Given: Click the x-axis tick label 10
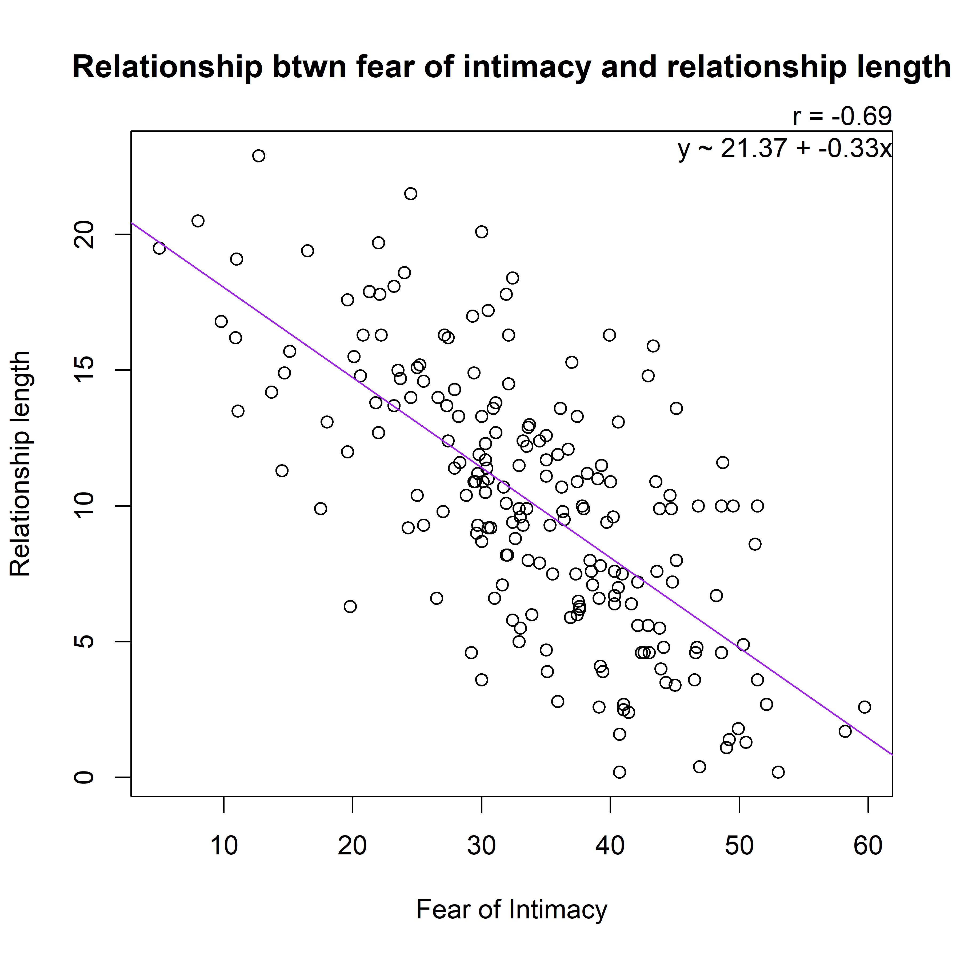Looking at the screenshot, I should pos(224,846).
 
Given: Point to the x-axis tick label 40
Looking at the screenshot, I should pos(610,846).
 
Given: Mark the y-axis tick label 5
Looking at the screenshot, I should pos(85,642).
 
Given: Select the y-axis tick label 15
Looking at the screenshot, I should pos(85,370).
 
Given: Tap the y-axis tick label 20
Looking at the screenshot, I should pos(85,235).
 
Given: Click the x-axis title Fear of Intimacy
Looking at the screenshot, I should pos(511,910).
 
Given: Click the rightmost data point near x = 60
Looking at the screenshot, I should pos(865,707).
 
